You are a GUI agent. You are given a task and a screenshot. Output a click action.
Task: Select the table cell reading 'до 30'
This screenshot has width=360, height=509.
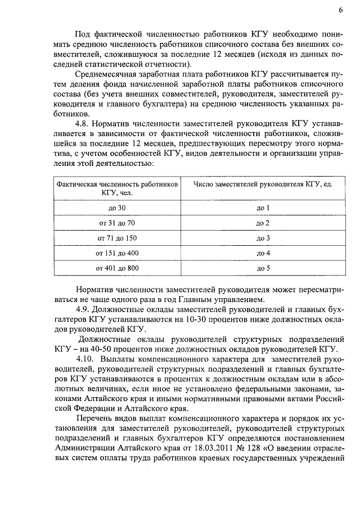pyautogui.click(x=116, y=208)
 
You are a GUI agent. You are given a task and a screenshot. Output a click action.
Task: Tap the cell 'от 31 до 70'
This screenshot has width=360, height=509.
pyautogui.click(x=116, y=223)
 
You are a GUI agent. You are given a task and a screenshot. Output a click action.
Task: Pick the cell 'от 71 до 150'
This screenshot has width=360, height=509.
pyautogui.click(x=116, y=238)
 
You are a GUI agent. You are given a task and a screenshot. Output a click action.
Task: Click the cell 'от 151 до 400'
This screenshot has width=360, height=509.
pyautogui.click(x=116, y=254)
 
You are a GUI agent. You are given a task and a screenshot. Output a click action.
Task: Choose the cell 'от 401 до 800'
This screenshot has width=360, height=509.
pyautogui.click(x=116, y=269)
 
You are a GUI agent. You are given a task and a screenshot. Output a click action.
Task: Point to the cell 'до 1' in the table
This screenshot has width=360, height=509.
pyautogui.click(x=263, y=208)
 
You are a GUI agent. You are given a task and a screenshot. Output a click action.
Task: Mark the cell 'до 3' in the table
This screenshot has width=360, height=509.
pyautogui.click(x=263, y=238)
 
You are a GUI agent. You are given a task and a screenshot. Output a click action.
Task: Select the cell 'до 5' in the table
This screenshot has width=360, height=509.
pyautogui.click(x=263, y=269)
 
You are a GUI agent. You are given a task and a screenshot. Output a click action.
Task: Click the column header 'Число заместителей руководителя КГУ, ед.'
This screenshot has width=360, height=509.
pyautogui.click(x=263, y=184)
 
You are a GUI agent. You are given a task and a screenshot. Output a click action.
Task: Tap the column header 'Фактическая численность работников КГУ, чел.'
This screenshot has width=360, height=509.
pyautogui.click(x=116, y=188)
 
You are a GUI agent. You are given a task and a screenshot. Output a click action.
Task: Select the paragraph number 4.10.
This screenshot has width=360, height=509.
pyautogui.click(x=84, y=359)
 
